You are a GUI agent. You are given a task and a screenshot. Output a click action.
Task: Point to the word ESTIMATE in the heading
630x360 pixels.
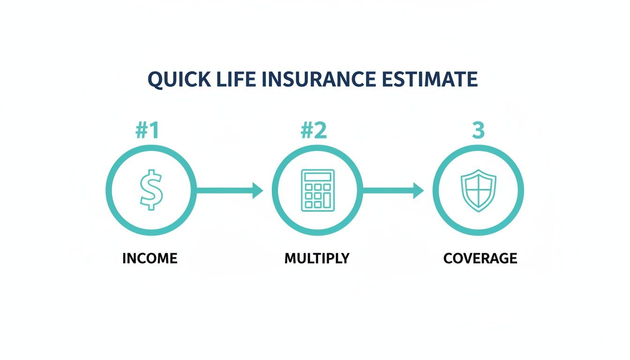click(x=429, y=80)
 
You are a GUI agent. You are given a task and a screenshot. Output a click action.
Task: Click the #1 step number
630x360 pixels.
click(x=148, y=132)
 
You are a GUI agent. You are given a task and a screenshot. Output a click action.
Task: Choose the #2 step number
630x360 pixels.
click(x=314, y=132)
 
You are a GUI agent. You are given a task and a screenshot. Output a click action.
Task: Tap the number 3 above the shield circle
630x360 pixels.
click(x=478, y=132)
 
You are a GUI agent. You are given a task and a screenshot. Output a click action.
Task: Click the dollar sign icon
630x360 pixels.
click(x=150, y=190)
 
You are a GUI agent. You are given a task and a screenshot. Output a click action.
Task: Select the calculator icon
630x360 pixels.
click(x=317, y=189)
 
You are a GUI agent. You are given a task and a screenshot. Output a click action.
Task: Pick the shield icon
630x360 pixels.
click(x=478, y=190)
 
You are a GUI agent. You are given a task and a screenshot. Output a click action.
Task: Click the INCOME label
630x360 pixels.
click(x=150, y=258)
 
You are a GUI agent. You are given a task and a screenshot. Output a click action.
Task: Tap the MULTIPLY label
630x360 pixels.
click(x=317, y=258)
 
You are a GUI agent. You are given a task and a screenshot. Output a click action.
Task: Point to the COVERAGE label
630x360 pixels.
click(x=480, y=258)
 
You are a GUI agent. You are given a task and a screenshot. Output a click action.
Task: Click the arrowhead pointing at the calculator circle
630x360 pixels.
click(x=258, y=190)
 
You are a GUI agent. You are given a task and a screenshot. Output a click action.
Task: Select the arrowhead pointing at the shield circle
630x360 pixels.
click(x=419, y=190)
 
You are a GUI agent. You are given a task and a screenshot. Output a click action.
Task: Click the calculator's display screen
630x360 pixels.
click(x=317, y=177)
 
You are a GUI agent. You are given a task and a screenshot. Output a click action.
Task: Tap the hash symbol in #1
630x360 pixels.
click(x=142, y=132)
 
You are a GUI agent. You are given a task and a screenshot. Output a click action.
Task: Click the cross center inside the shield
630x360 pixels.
click(x=478, y=189)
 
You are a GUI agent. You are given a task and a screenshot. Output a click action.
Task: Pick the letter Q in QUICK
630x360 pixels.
click(x=155, y=81)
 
